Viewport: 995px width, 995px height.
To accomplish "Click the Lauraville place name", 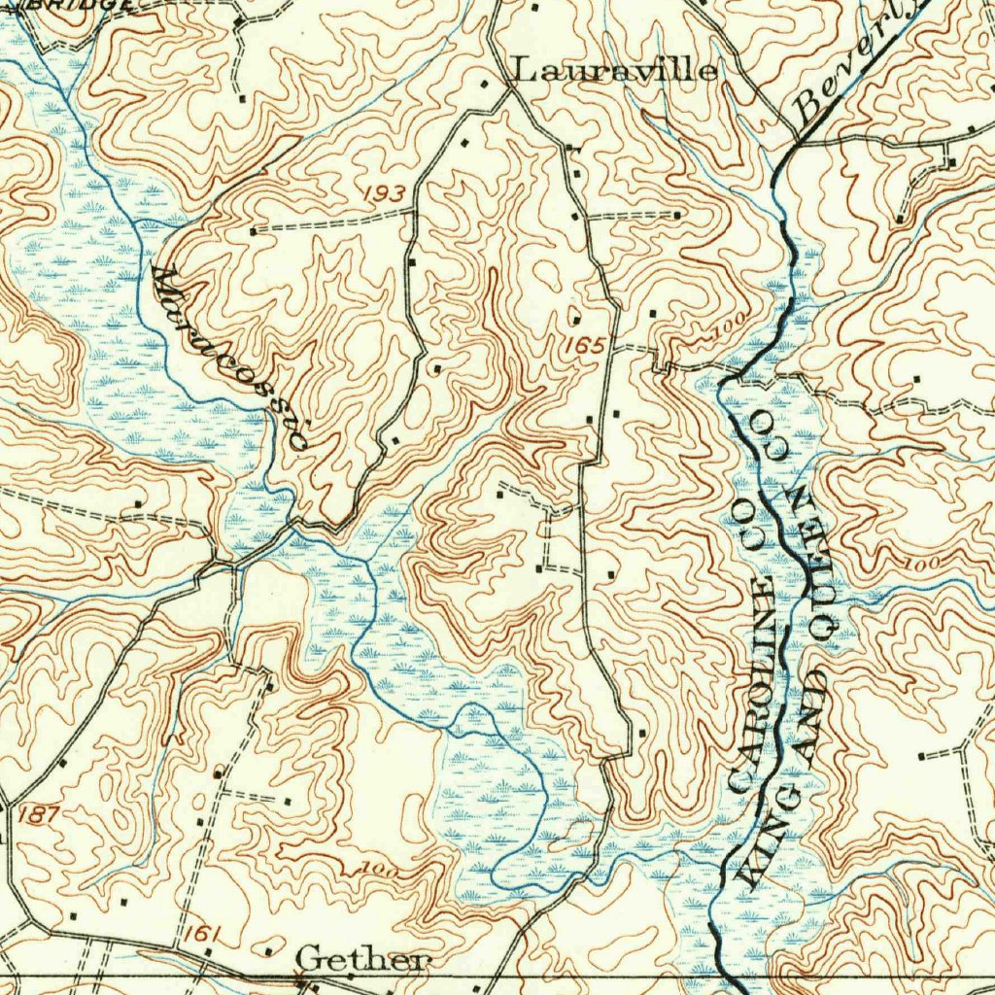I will click(x=615, y=70).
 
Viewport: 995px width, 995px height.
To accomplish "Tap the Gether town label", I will click(x=361, y=960).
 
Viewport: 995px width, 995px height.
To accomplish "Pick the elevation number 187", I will click(x=39, y=814).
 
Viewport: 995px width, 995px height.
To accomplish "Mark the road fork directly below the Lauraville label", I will click(x=509, y=92).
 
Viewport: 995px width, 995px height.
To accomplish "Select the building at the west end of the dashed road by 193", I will click(x=254, y=231).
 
